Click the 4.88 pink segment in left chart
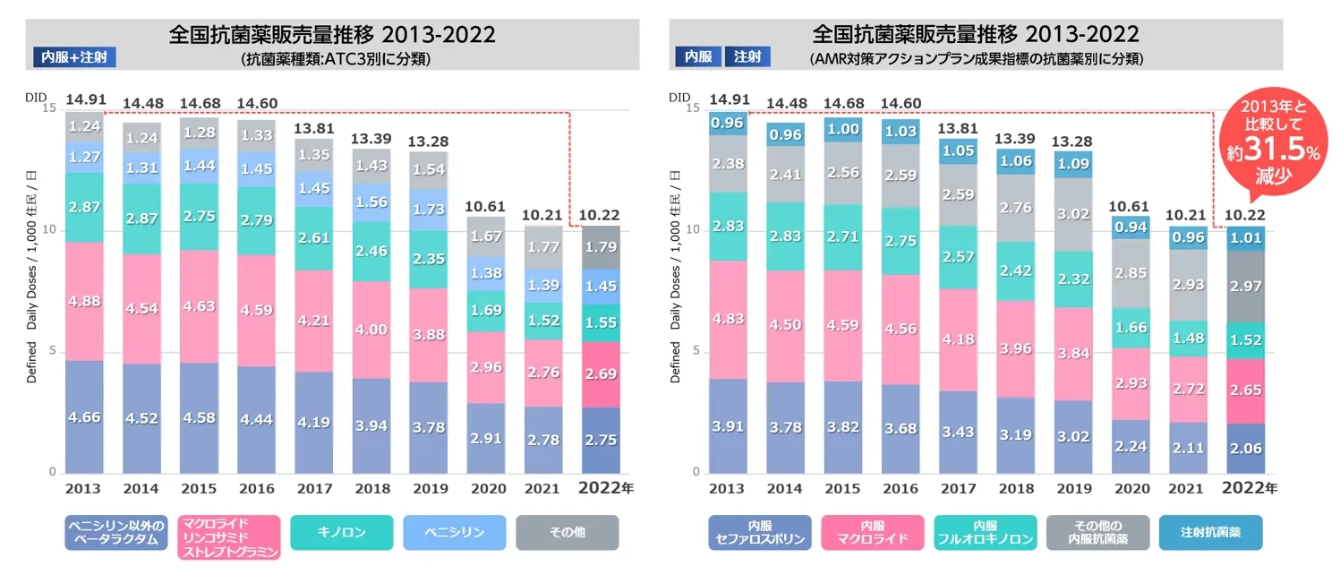coord(84,301)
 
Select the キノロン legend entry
coord(341,532)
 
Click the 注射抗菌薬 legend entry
coord(1210,532)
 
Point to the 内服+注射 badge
coord(73,57)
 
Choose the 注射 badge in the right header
coord(747,57)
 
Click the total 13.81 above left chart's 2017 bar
coord(313,128)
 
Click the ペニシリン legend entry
coord(455,532)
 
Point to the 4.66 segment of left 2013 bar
coord(84,417)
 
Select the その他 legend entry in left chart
coord(567,532)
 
